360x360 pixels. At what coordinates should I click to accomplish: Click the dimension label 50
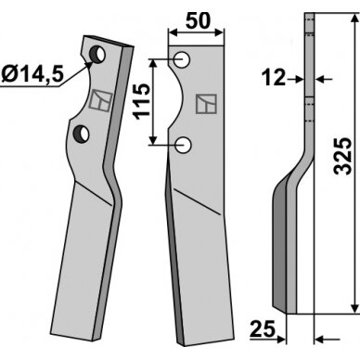pyautogui.click(x=198, y=21)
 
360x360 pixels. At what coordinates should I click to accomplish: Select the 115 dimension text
pyautogui.click(x=142, y=101)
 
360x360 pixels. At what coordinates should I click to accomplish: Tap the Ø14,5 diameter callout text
pyautogui.click(x=32, y=74)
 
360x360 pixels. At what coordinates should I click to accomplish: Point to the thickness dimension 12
pyautogui.click(x=273, y=77)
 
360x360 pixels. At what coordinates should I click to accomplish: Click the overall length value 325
pyautogui.click(x=343, y=156)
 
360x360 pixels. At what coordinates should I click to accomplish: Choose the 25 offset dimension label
pyautogui.click(x=263, y=328)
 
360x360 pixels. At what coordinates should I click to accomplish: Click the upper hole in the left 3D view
pyautogui.click(x=97, y=55)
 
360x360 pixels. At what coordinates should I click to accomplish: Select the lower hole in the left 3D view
pyautogui.click(x=81, y=135)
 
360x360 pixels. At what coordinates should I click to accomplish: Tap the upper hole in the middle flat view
pyautogui.click(x=182, y=59)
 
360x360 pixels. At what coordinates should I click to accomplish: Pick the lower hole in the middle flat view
pyautogui.click(x=183, y=145)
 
